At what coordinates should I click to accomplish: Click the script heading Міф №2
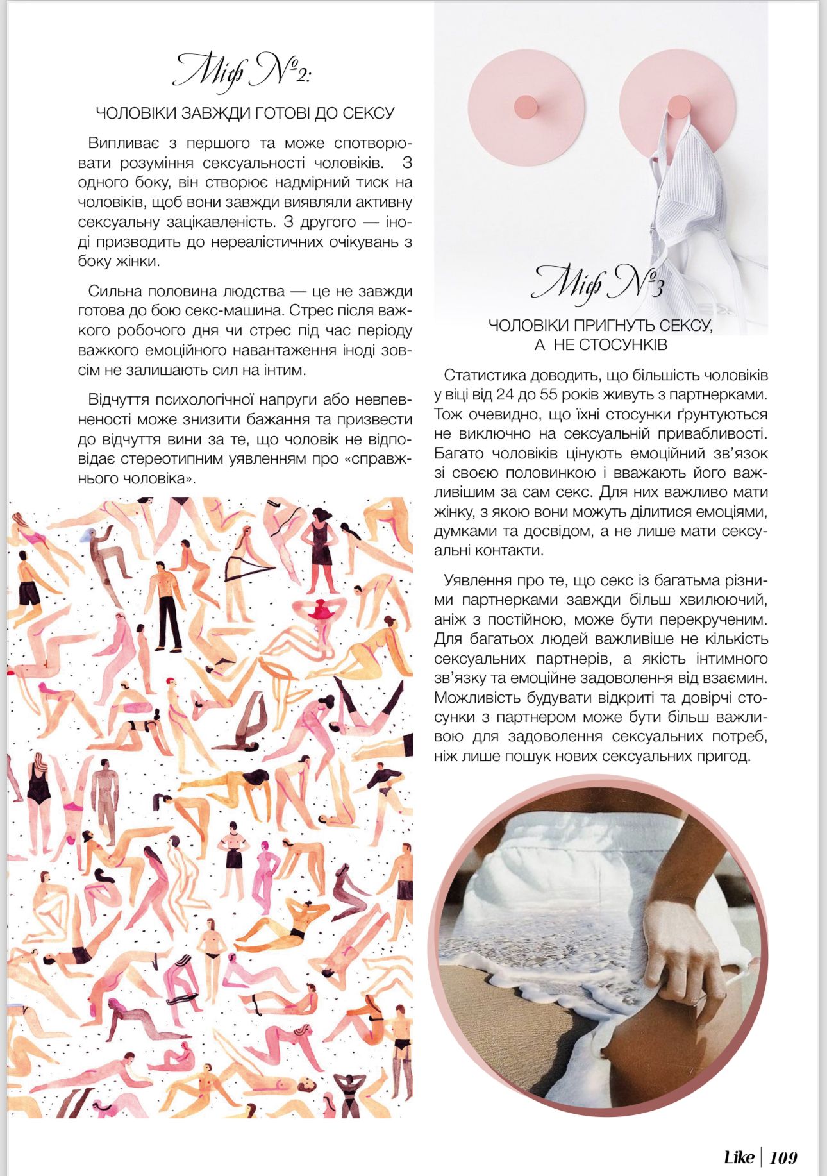(242, 72)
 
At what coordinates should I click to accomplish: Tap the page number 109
(783, 1157)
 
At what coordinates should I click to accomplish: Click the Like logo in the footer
(739, 1157)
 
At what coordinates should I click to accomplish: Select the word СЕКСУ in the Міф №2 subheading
(369, 113)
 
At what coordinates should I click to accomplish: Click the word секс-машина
(243, 311)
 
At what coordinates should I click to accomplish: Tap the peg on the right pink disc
(678, 105)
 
